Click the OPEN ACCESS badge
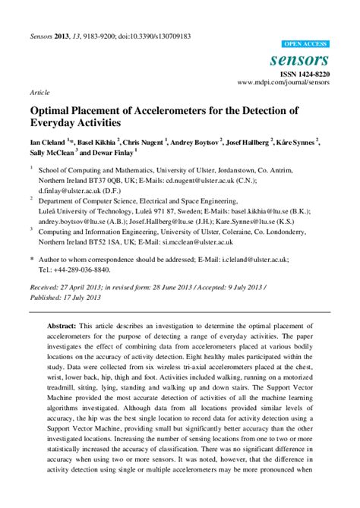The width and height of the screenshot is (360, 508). click(305, 45)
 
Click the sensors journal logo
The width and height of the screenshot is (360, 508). click(304, 59)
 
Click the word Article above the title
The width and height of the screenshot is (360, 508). click(39, 91)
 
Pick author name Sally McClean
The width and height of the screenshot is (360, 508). click(56, 151)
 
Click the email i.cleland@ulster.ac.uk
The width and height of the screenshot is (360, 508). click(252, 259)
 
